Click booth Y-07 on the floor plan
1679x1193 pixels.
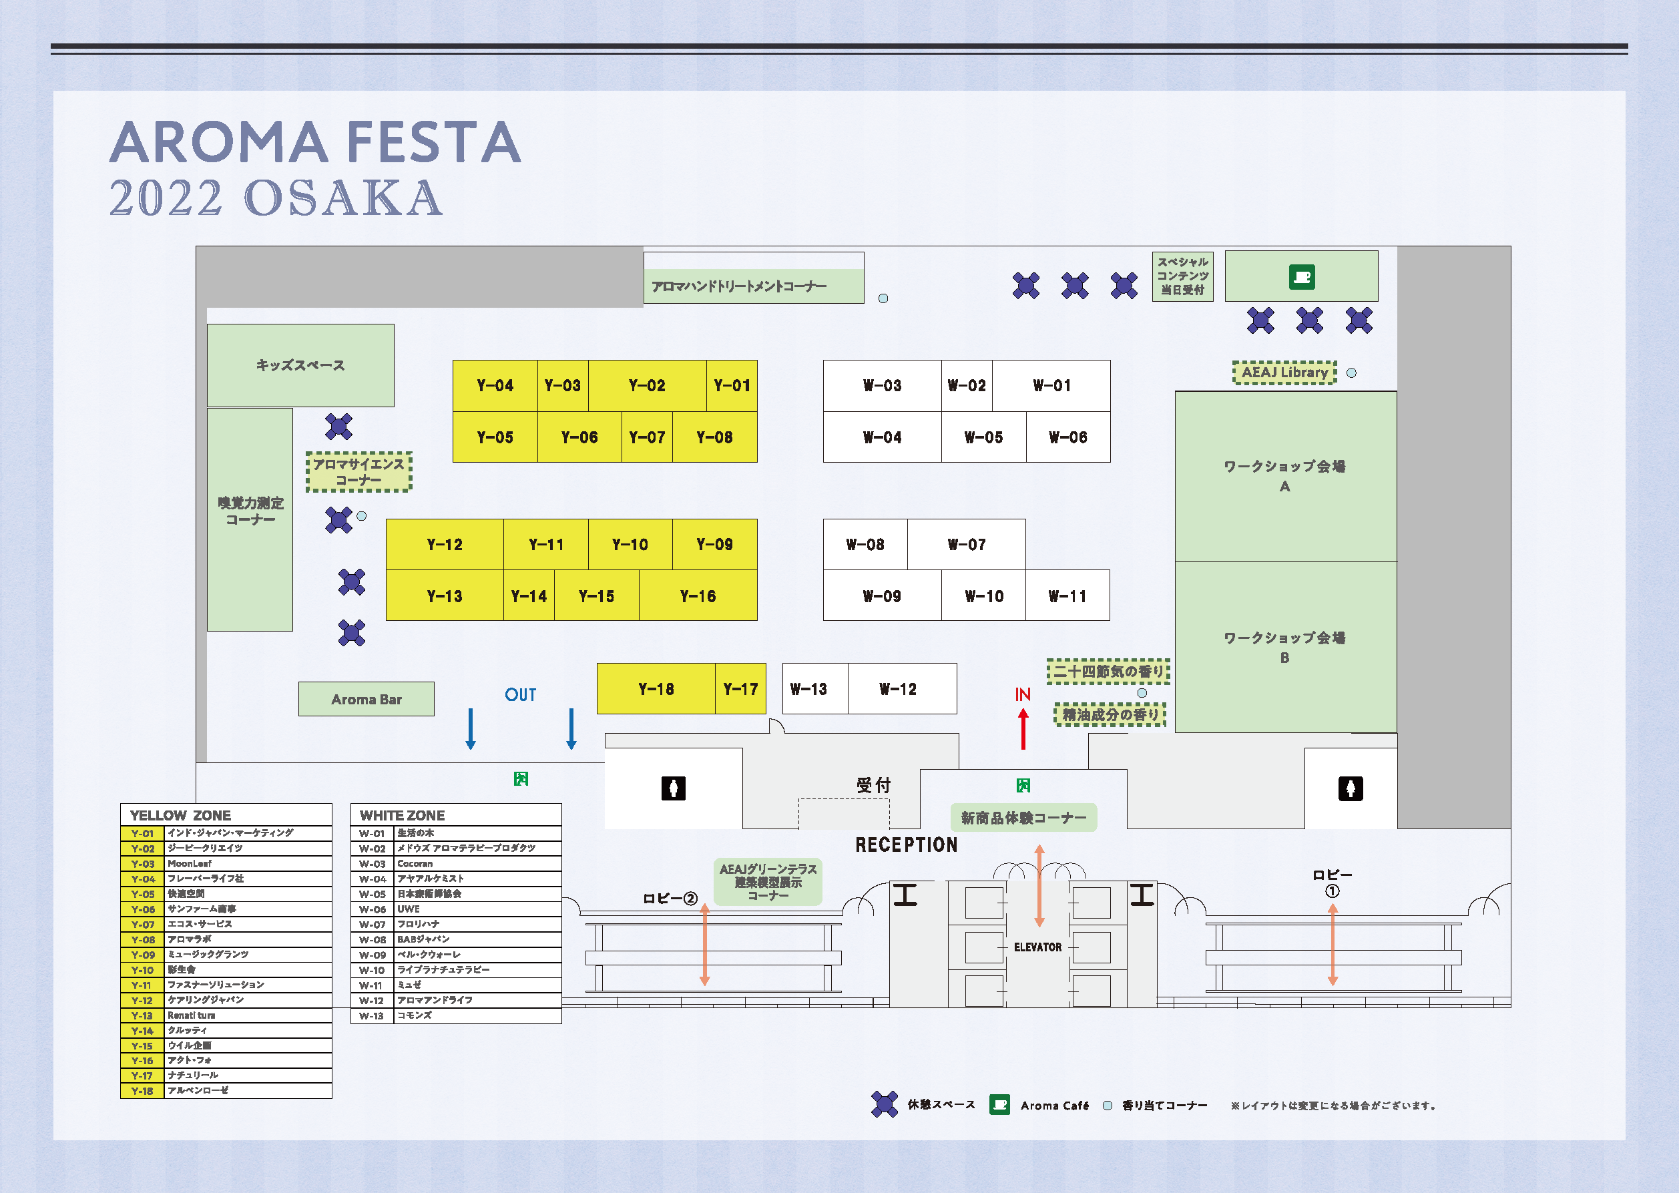click(646, 437)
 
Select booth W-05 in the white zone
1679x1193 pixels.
click(983, 437)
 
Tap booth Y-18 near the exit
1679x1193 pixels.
click(655, 689)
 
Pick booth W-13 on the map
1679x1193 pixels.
click(808, 689)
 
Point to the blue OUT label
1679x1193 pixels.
click(520, 695)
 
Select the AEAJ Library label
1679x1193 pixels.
click(1284, 373)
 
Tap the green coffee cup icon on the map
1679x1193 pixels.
click(1302, 277)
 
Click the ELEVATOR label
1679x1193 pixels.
click(1037, 947)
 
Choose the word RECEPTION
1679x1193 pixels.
click(907, 845)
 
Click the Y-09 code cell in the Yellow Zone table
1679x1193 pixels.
click(142, 955)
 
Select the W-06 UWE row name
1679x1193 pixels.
click(409, 909)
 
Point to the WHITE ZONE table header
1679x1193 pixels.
click(403, 815)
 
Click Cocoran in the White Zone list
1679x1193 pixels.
click(415, 864)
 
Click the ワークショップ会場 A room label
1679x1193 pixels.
click(1284, 475)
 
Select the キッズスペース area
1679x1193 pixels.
click(300, 365)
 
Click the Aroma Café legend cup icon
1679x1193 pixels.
click(999, 1105)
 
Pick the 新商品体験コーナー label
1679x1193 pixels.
click(1023, 818)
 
